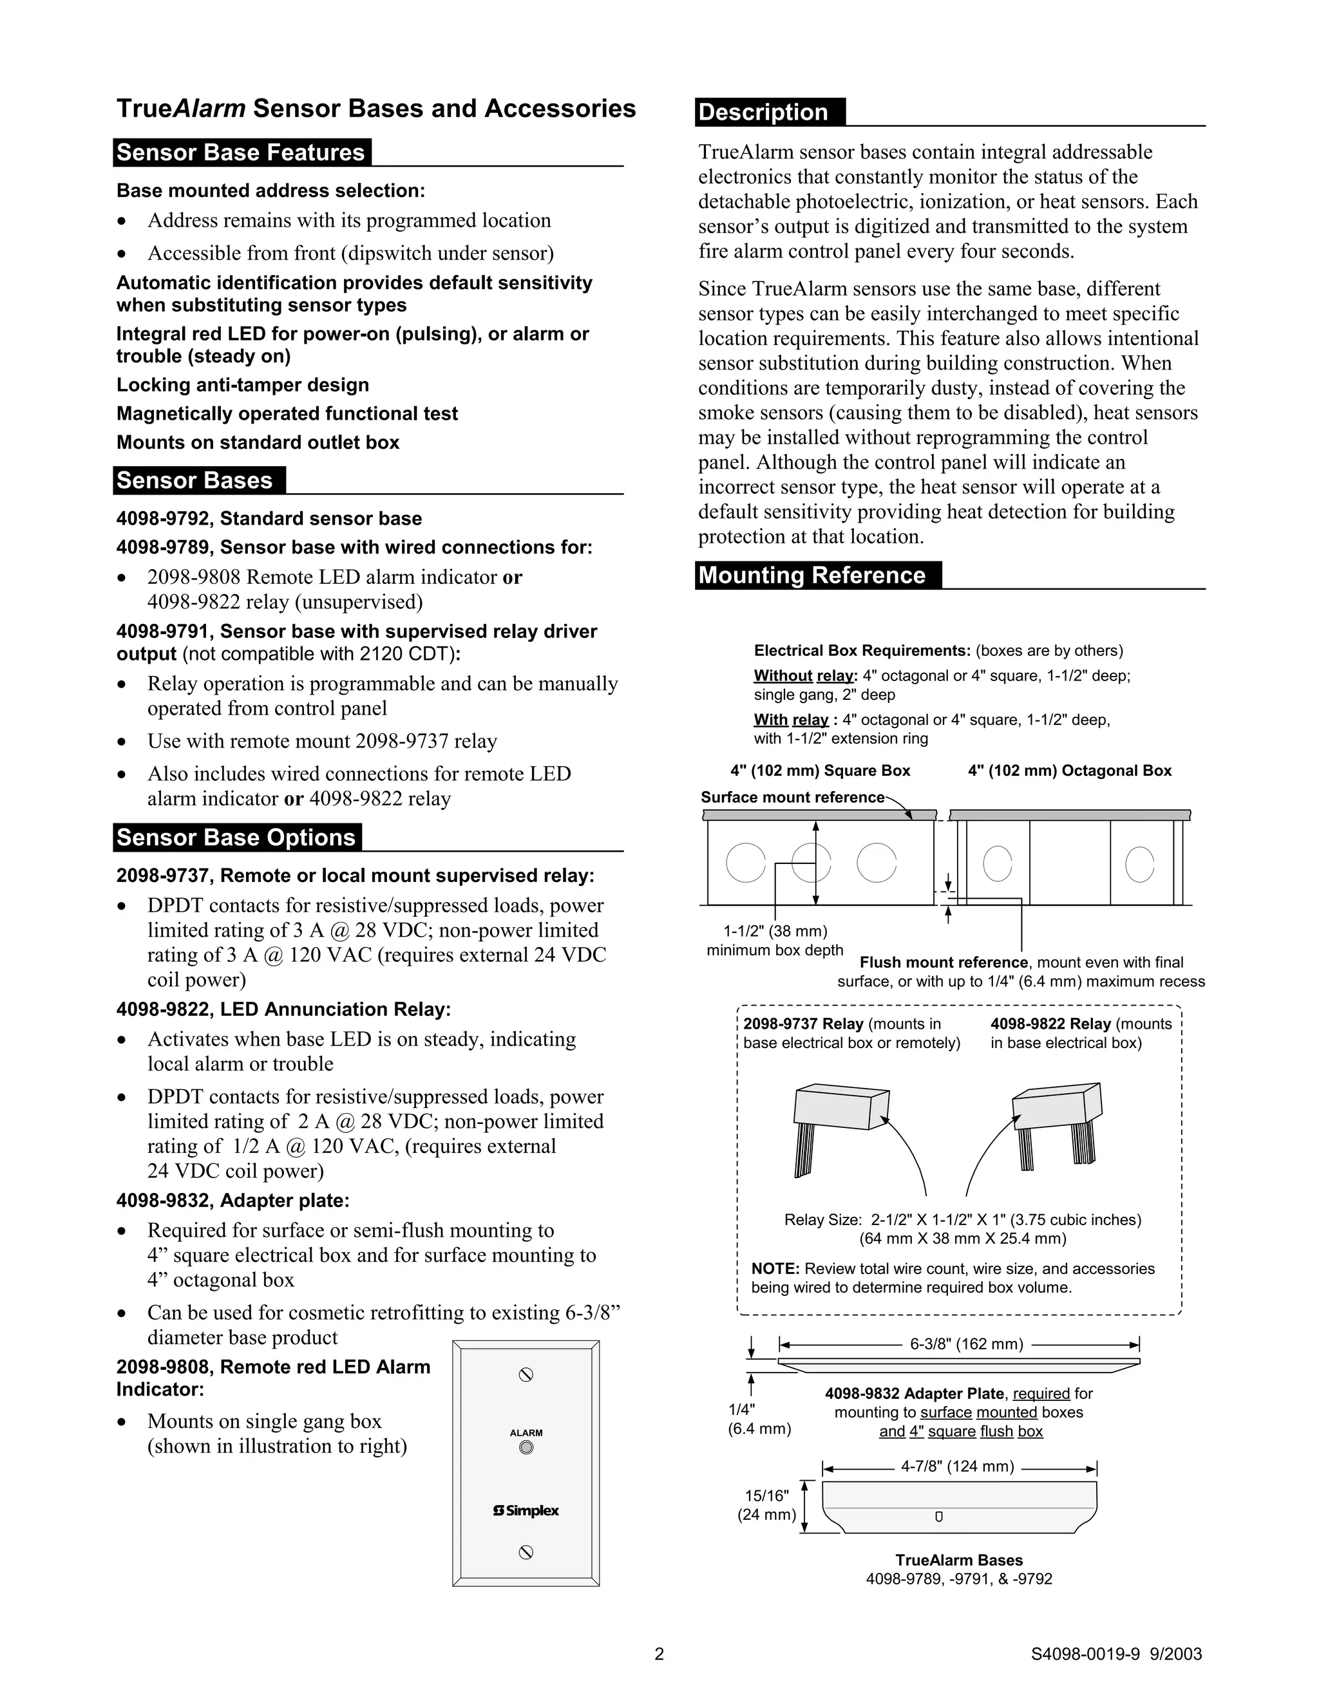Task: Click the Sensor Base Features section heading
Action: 241,153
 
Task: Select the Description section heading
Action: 763,112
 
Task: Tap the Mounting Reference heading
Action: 812,575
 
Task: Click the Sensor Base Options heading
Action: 236,838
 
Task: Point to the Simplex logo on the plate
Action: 526,1511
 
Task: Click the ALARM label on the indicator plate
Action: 526,1432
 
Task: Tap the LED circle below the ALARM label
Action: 526,1447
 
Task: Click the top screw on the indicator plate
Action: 526,1375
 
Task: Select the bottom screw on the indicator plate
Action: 526,1553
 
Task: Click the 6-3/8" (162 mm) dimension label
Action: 966,1344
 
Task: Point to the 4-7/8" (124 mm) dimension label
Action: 957,1466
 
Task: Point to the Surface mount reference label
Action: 792,798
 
